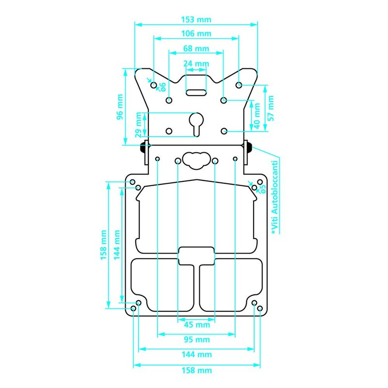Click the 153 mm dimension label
(196, 20)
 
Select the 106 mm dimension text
(196, 34)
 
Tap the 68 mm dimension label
(196, 48)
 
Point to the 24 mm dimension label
(196, 63)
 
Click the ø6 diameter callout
(163, 87)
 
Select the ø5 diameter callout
(263, 189)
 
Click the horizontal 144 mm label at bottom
(196, 355)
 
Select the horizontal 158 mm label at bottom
(196, 371)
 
